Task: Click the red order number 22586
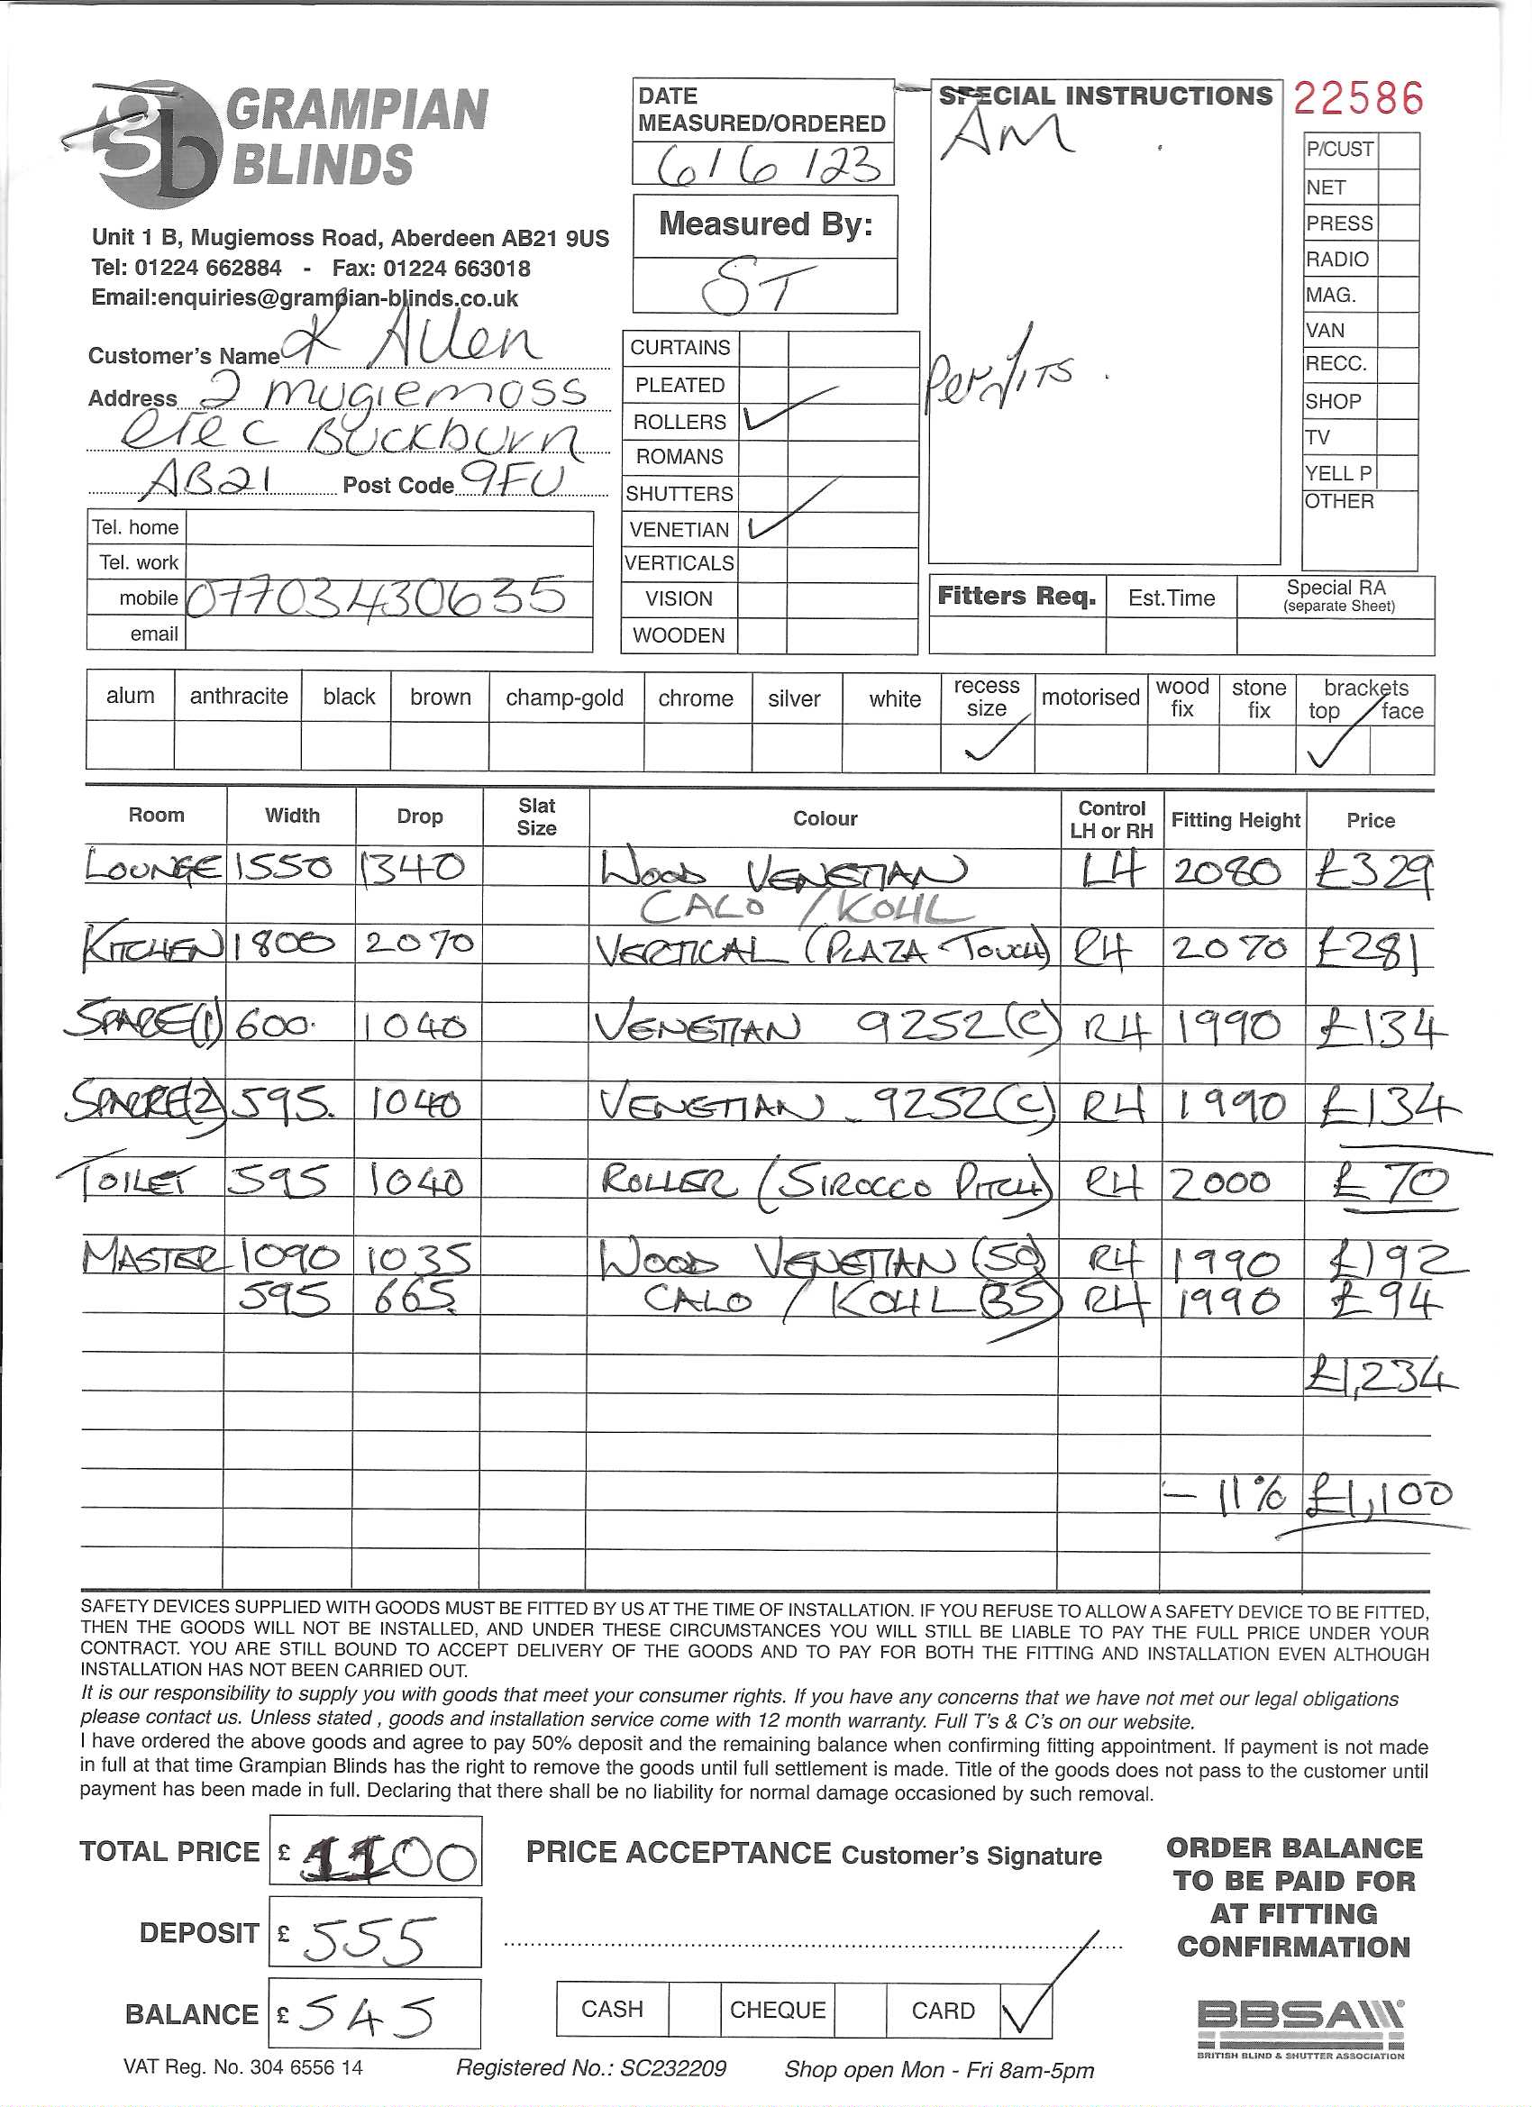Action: click(x=1357, y=98)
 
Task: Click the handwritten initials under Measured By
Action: click(x=758, y=287)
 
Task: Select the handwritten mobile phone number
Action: click(x=377, y=597)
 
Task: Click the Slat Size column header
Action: click(x=536, y=817)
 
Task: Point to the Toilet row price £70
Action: click(x=1390, y=1182)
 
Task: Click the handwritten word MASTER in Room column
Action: click(x=153, y=1259)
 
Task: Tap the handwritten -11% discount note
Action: click(x=1227, y=1496)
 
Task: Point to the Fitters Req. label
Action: click(x=1017, y=597)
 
